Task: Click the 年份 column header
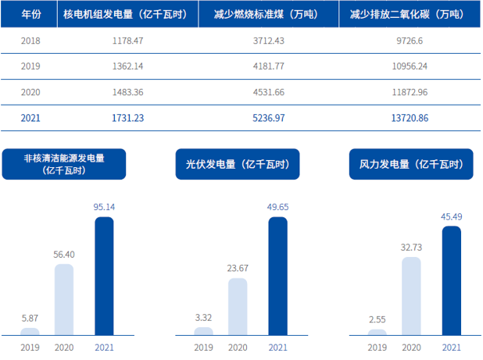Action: coord(30,15)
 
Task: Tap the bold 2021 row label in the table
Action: coord(30,118)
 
